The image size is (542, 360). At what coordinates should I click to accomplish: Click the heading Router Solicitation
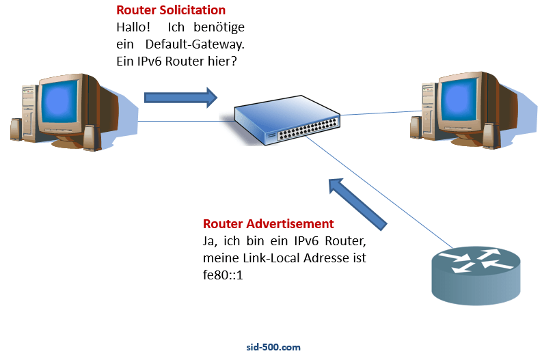[x=171, y=11]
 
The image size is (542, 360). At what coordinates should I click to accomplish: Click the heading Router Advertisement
[x=268, y=224]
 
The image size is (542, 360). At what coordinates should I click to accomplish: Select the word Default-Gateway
[x=203, y=44]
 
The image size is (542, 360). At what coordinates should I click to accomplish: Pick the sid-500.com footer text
[x=273, y=347]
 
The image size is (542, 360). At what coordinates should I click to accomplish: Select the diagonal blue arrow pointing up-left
[x=357, y=204]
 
